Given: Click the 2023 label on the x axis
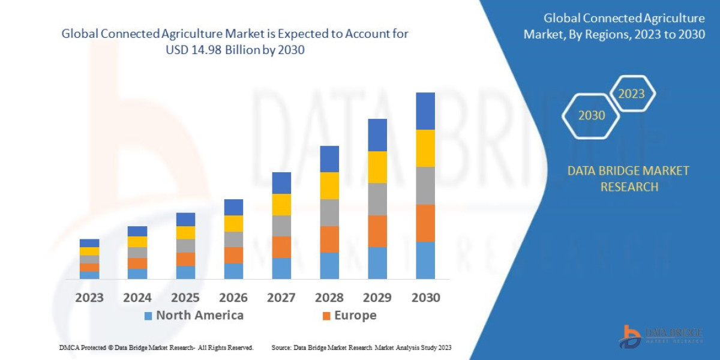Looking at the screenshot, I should point(89,298).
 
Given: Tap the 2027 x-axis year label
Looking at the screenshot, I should point(281,298).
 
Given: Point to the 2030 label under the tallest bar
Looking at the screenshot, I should point(425,298).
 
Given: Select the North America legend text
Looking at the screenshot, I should point(200,316).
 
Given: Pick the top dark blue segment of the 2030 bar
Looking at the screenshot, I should point(425,111).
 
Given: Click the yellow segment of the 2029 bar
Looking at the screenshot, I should point(377,167).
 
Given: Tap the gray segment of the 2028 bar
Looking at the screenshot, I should point(329,212).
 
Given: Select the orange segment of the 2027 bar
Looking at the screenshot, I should point(281,247).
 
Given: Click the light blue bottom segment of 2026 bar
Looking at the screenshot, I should point(233,271).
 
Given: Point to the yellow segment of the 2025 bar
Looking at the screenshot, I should point(185,233).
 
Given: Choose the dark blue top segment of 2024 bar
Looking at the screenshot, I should point(137,231).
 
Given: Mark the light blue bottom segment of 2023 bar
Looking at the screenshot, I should point(89,275).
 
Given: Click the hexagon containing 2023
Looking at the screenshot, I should point(632,94).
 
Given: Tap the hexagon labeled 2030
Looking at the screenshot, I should point(592,115).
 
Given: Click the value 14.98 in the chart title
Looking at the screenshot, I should point(205,50).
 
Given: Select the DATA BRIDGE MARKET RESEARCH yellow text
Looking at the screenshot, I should point(628,179).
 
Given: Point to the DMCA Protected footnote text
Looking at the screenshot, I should point(156,347).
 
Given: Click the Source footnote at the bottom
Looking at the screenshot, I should point(361,347).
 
